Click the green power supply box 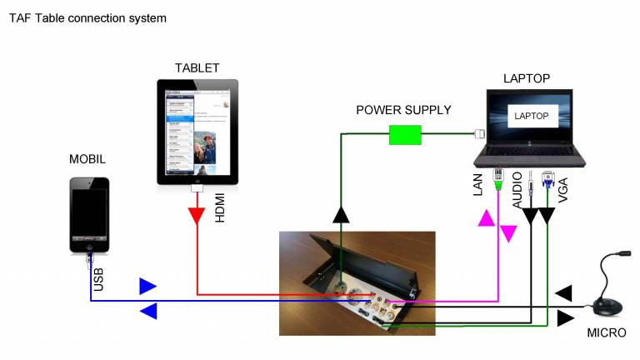[405, 134]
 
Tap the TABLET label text [197, 67]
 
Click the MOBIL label [87, 158]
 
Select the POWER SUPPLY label [403, 110]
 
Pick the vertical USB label [98, 278]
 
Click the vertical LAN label [478, 185]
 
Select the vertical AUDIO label [517, 191]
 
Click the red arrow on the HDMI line [197, 217]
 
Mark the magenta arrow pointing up [485, 218]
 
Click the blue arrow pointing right [147, 286]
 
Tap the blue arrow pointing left [147, 312]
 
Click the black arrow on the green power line [341, 216]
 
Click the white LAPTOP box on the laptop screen [532, 116]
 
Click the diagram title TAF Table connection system [87, 17]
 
